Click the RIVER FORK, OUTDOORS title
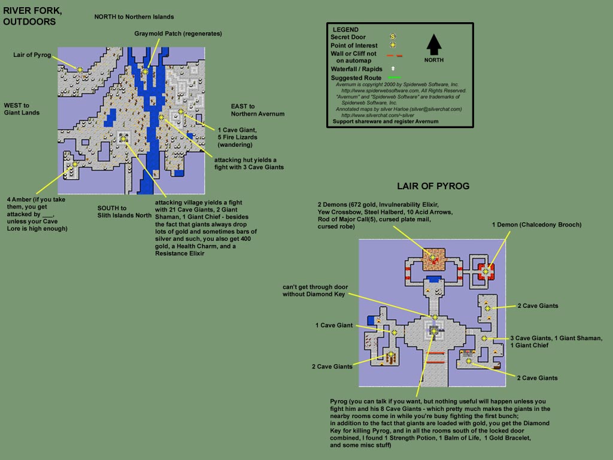pyautogui.click(x=32, y=16)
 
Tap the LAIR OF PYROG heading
pyautogui.click(x=433, y=186)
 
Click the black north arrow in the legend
pyautogui.click(x=434, y=44)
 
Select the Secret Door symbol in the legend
pyautogui.click(x=393, y=37)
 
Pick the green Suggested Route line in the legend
pyautogui.click(x=394, y=77)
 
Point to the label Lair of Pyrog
pyautogui.click(x=32, y=55)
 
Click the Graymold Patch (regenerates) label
pyautogui.click(x=178, y=34)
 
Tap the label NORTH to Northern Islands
pyautogui.click(x=134, y=17)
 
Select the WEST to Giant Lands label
pyautogui.click(x=22, y=109)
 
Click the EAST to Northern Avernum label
pyautogui.click(x=257, y=110)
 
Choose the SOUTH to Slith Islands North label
pyautogui.click(x=125, y=211)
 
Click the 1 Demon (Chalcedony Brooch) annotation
pyautogui.click(x=536, y=225)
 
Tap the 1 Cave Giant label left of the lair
pyautogui.click(x=334, y=325)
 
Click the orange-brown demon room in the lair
pyautogui.click(x=434, y=259)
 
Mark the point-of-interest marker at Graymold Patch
pyautogui.click(x=145, y=72)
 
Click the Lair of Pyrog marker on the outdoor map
pyautogui.click(x=80, y=69)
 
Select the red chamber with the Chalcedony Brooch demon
pyautogui.click(x=485, y=271)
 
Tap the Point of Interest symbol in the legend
pyautogui.click(x=393, y=45)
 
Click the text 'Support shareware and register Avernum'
pyautogui.click(x=386, y=121)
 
